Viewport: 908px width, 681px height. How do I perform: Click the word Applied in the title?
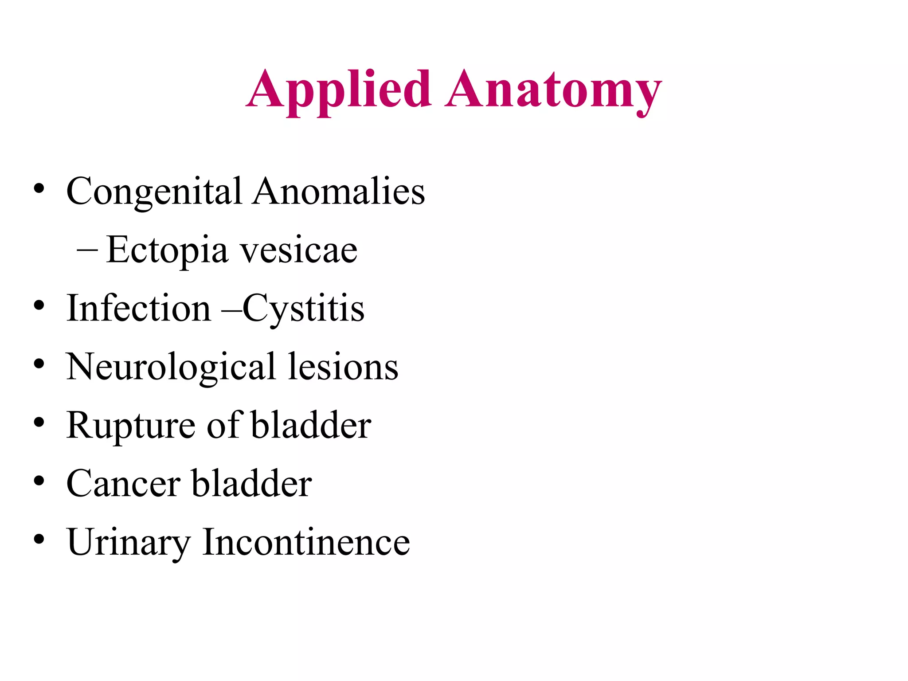(x=339, y=90)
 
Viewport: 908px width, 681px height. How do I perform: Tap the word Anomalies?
(x=339, y=192)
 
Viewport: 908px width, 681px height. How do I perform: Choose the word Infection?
(x=139, y=309)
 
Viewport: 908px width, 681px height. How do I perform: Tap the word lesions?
(x=343, y=367)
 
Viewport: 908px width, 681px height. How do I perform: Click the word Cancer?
(x=123, y=484)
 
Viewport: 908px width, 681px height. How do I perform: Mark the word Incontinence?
(x=306, y=542)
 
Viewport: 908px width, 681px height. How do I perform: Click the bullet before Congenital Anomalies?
(x=39, y=189)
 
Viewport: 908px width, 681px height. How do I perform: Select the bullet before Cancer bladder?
(x=39, y=481)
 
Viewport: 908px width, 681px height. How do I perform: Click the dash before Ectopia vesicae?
(x=87, y=250)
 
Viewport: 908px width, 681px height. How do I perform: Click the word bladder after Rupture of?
(x=311, y=426)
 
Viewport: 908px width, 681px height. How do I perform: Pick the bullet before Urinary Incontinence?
(x=39, y=540)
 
